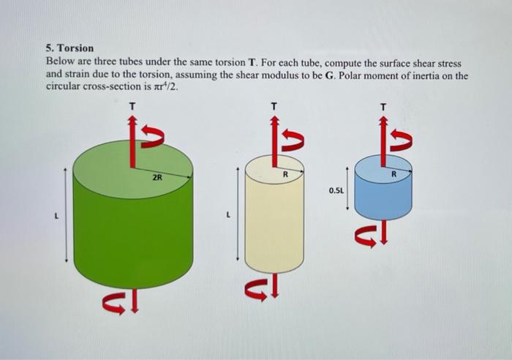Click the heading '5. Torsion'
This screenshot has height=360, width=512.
[69, 48]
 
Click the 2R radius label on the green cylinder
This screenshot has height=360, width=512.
[157, 178]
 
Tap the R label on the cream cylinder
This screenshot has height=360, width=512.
[285, 174]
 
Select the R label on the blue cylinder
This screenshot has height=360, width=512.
[394, 174]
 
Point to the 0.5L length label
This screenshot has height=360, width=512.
[336, 190]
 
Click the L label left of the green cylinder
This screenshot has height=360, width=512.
[56, 216]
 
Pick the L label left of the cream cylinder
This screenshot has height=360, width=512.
[228, 215]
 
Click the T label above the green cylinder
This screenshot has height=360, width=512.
[132, 106]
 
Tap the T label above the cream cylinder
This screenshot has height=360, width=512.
[274, 106]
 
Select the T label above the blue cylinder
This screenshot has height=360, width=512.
[383, 107]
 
